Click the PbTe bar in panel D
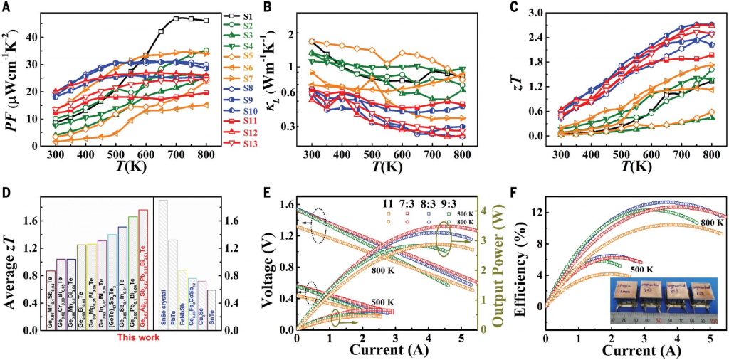(172, 285)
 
